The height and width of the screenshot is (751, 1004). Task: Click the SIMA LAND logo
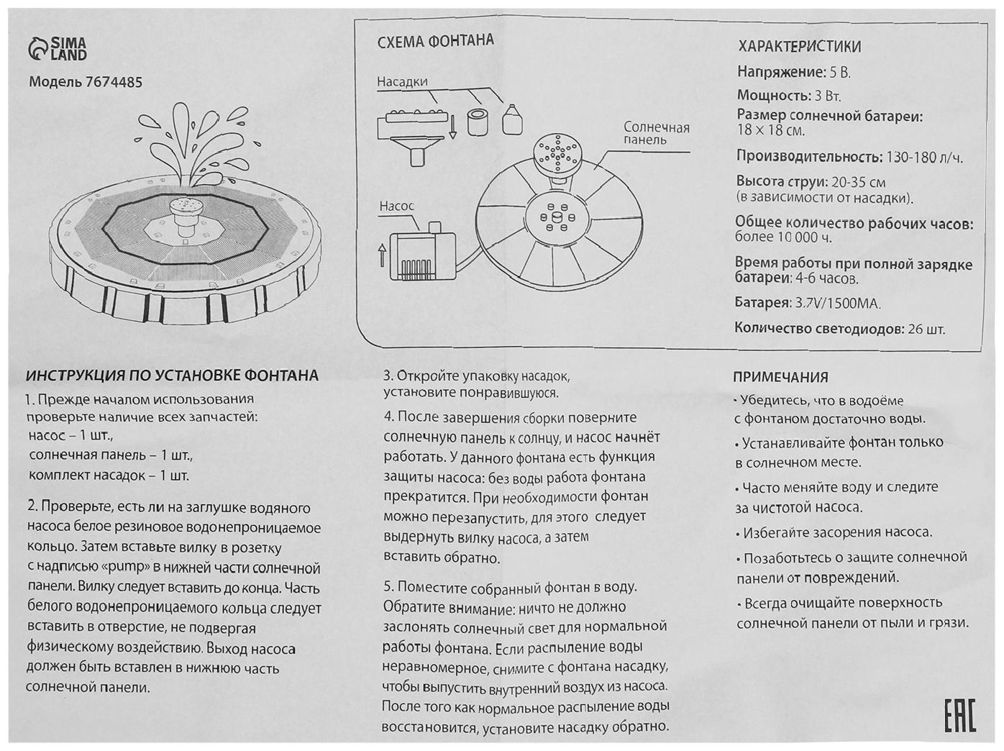(x=58, y=49)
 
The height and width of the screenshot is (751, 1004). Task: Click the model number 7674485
(x=113, y=82)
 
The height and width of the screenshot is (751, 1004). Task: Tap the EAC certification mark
(x=959, y=714)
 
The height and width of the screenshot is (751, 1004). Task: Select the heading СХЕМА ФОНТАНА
(x=435, y=41)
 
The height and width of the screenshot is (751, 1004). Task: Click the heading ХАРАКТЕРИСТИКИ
(x=799, y=47)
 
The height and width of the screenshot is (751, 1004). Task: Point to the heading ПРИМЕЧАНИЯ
(x=780, y=377)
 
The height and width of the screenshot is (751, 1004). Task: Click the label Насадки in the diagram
(x=402, y=81)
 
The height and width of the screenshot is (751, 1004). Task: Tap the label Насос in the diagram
(x=396, y=206)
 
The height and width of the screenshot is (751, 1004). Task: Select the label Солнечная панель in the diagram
(x=656, y=133)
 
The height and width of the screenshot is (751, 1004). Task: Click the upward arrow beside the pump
(x=381, y=254)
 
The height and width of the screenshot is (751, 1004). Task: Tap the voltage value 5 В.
(x=840, y=73)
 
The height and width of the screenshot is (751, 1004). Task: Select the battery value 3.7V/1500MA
(x=837, y=304)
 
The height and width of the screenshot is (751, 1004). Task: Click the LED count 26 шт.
(x=926, y=330)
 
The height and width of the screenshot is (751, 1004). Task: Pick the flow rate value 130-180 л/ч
(x=925, y=158)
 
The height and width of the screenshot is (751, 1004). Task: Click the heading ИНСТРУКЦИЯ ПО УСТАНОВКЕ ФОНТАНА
(x=172, y=375)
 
